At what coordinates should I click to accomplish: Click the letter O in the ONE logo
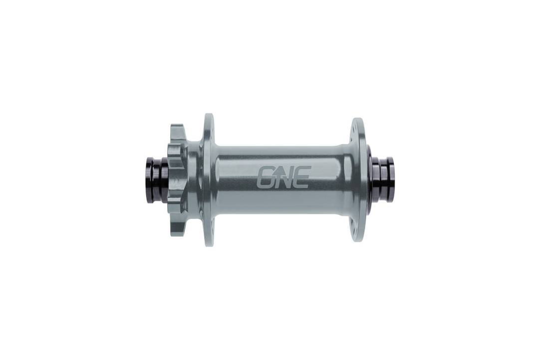tap(266, 178)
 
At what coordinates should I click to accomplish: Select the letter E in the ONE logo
tap(301, 178)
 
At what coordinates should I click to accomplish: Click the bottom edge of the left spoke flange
tap(209, 243)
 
